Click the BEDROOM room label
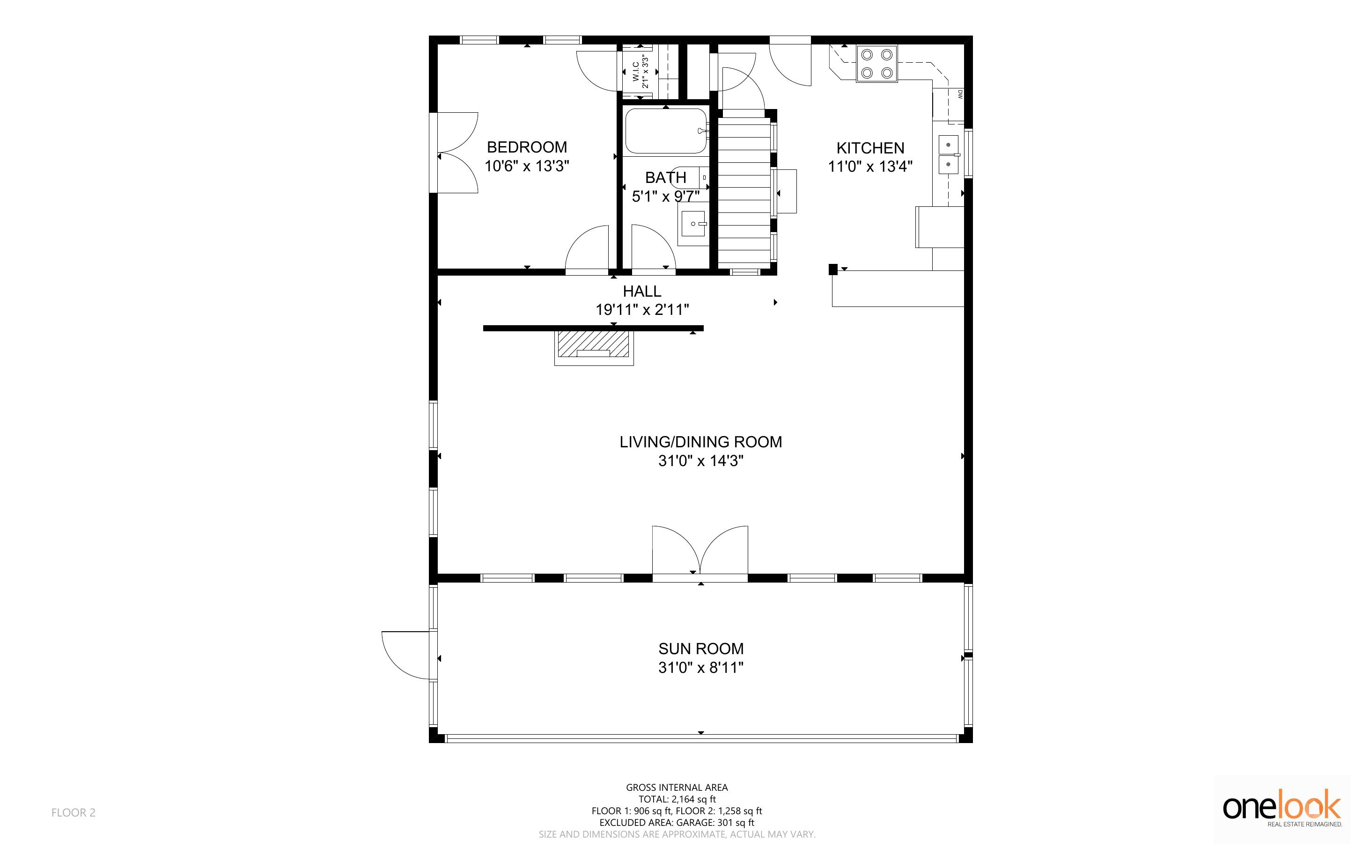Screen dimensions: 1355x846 527,147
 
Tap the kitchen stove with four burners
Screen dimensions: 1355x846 876,64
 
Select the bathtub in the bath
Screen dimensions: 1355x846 666,131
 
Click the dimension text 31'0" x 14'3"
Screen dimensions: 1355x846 701,461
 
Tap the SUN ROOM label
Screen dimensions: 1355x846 701,649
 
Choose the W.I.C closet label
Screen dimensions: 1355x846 636,71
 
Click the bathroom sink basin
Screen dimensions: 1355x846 693,223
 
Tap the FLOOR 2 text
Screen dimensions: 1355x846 74,812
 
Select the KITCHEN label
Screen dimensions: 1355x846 870,148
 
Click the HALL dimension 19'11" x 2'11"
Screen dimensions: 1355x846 642,309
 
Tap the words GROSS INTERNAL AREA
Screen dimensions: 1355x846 677,787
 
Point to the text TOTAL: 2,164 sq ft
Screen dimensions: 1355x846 677,799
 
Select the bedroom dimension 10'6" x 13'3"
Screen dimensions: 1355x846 527,166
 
